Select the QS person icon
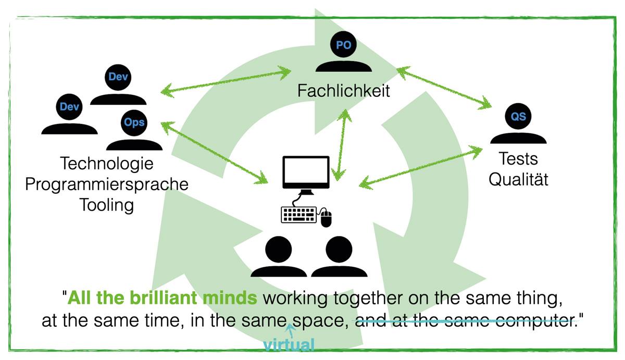pyautogui.click(x=518, y=125)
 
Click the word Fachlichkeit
pyautogui.click(x=344, y=91)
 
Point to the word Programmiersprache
pyautogui.click(x=107, y=184)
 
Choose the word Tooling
pyautogui.click(x=106, y=205)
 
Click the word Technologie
pyautogui.click(x=107, y=164)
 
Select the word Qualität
pyautogui.click(x=518, y=180)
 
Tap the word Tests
pyautogui.click(x=518, y=159)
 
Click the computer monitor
pyautogui.click(x=306, y=172)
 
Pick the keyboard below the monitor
pyautogui.click(x=299, y=215)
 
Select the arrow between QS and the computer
pyautogui.click(x=422, y=165)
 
